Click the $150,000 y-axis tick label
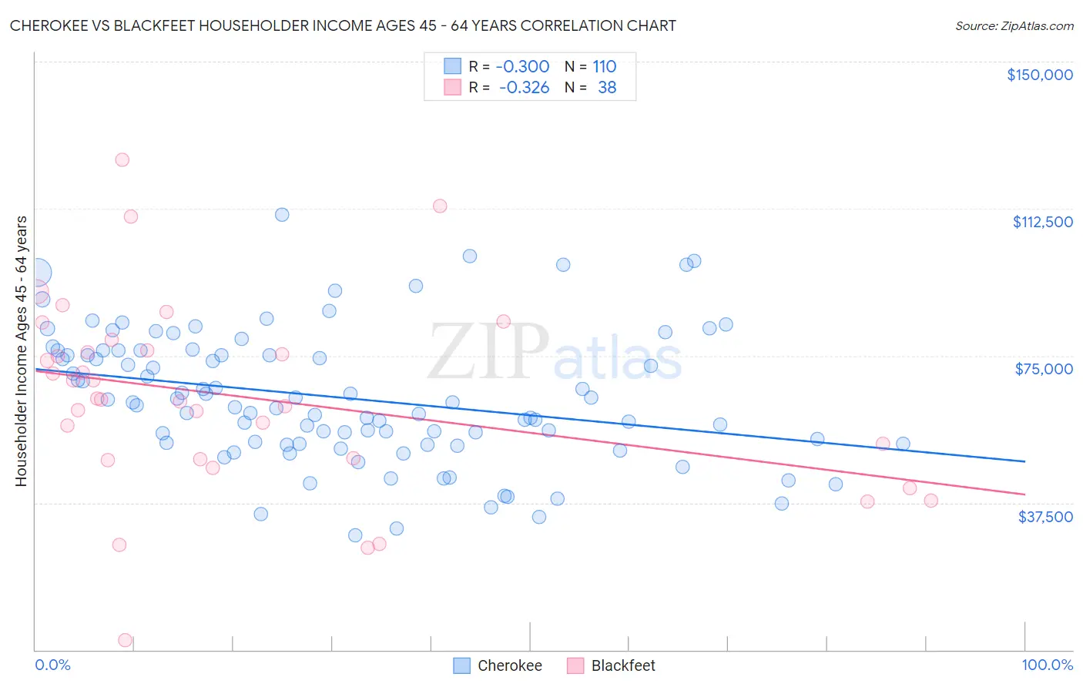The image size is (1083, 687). tap(1039, 75)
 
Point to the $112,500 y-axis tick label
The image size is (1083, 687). tap(1042, 222)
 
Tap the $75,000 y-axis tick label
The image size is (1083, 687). tap(1044, 369)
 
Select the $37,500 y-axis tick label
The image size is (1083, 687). tap(1045, 517)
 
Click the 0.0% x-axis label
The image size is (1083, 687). tap(52, 665)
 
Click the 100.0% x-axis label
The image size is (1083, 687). tap(1047, 665)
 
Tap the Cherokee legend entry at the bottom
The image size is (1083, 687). tap(498, 665)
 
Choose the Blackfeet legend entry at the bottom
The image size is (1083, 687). tap(612, 665)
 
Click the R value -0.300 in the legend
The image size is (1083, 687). tap(522, 66)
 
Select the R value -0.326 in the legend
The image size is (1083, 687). tap(524, 88)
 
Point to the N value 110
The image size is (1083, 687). tap(604, 66)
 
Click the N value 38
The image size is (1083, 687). tap(607, 88)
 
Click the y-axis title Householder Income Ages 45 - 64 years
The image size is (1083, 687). tap(22, 351)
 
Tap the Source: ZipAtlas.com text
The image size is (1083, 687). tap(1014, 26)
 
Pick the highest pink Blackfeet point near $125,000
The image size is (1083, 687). tap(122, 160)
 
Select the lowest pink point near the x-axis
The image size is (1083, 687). tap(125, 640)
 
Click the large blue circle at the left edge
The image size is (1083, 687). tap(36, 273)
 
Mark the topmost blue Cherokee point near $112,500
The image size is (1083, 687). tap(282, 215)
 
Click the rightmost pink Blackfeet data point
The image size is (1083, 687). tap(930, 501)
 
